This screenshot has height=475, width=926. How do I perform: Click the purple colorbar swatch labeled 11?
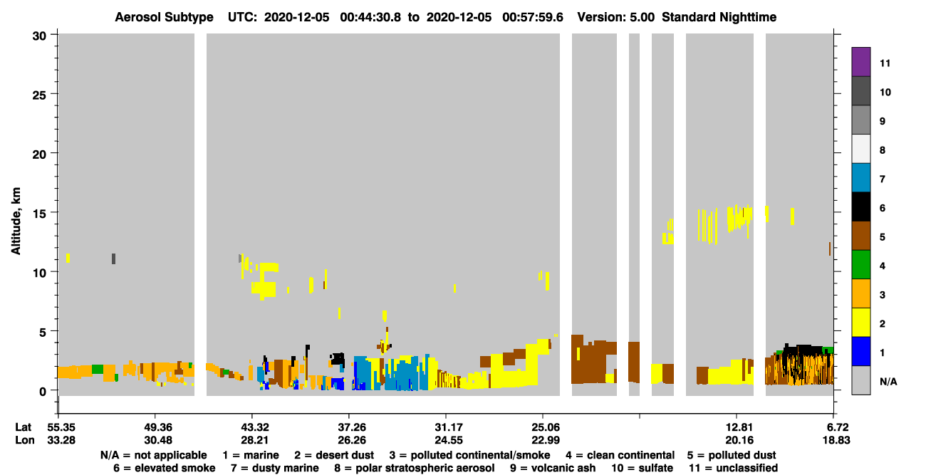(860, 61)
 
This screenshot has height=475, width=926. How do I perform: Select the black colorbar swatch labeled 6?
(860, 207)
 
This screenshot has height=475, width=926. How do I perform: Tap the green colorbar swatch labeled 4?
(860, 265)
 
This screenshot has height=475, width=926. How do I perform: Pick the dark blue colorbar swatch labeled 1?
(860, 351)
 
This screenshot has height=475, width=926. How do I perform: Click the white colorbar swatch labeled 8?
(860, 149)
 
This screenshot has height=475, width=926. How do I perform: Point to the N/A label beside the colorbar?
(888, 382)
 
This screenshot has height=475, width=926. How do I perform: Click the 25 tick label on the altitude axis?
(39, 95)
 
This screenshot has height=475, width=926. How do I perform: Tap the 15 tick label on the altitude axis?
(39, 214)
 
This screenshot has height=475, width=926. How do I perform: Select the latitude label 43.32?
(255, 427)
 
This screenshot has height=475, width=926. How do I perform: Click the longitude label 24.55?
(449, 440)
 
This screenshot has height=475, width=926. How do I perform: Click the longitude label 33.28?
(61, 440)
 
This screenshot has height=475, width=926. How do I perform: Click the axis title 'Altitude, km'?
(16, 221)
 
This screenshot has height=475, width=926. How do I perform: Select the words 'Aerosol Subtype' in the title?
(164, 17)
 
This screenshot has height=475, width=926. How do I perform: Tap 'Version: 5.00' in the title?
(616, 17)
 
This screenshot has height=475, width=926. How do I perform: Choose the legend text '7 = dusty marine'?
(275, 468)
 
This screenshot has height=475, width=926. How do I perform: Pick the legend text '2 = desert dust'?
(334, 455)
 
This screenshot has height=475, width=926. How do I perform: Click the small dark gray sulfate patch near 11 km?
(114, 259)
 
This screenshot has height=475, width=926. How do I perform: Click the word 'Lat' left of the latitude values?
(23, 427)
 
